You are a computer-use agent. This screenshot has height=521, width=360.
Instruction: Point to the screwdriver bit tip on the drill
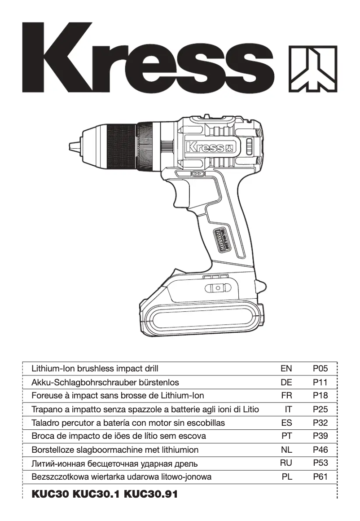(72, 146)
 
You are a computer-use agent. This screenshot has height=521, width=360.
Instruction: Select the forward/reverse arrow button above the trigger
(198, 173)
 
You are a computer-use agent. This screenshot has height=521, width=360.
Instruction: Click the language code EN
(286, 369)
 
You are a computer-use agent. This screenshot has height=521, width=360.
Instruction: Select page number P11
(320, 383)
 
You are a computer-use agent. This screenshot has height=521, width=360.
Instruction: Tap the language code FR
(286, 396)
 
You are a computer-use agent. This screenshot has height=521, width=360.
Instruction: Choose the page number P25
(320, 410)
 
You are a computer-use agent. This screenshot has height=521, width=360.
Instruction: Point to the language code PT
(286, 436)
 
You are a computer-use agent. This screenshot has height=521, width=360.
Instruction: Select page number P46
(320, 450)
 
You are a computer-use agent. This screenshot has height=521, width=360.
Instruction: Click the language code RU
(286, 463)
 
